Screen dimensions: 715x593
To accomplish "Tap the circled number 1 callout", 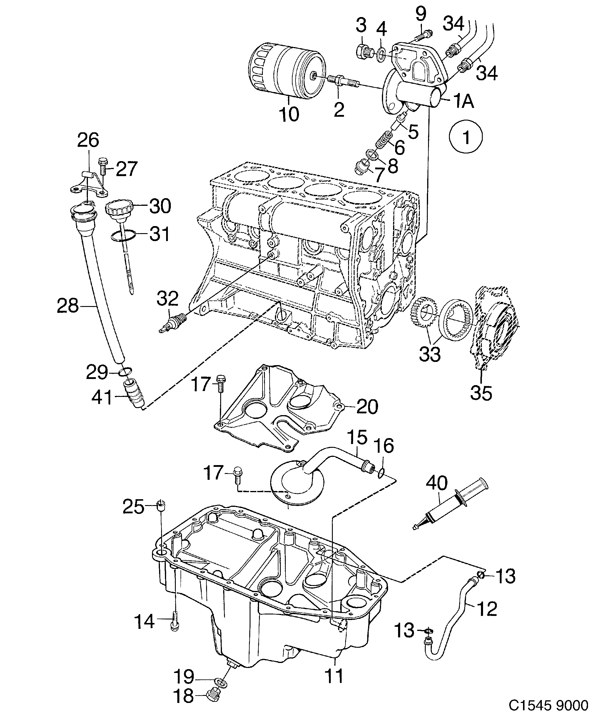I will click(466, 137).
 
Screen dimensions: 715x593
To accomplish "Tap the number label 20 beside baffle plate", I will click(367, 407).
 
